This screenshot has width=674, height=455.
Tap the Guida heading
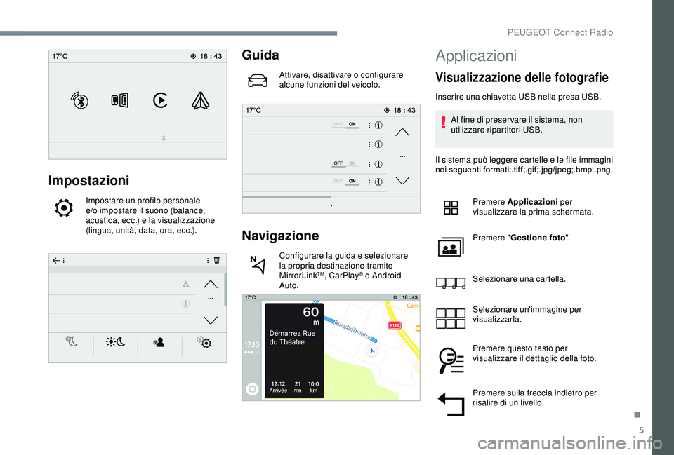tap(260, 55)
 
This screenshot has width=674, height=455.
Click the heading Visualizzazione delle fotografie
tap(522, 78)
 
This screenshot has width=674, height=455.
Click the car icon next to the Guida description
tap(258, 81)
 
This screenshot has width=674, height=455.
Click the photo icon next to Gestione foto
tap(450, 248)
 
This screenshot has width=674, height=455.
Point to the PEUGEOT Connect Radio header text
tap(579, 32)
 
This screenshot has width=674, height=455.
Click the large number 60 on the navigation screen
tap(310, 311)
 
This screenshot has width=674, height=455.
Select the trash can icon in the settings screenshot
tap(217, 259)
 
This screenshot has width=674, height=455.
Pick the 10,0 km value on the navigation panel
tap(312, 386)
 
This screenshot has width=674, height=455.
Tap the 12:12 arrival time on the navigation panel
tap(278, 386)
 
